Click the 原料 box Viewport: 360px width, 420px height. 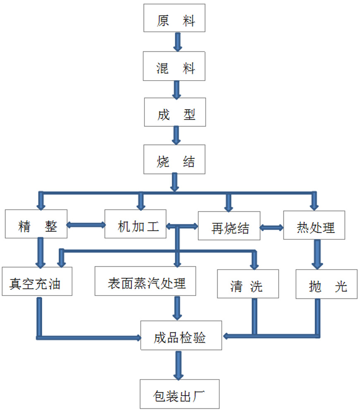175,18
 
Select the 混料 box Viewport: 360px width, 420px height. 175,66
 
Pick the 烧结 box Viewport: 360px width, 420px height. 175,159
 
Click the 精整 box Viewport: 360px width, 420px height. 36,224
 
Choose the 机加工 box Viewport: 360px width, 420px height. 135,224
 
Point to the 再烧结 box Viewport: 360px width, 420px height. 229,226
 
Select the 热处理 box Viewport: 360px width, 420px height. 314,225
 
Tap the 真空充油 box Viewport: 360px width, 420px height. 37,282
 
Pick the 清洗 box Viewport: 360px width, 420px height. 248,284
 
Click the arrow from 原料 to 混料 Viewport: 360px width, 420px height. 178,41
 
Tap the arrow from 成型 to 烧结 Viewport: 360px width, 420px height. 177,135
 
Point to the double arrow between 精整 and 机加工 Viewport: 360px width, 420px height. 86,225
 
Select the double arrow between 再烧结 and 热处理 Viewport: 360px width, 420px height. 272,227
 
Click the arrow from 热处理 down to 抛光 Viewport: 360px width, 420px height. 317,254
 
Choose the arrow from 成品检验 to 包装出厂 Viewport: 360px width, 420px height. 178,365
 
